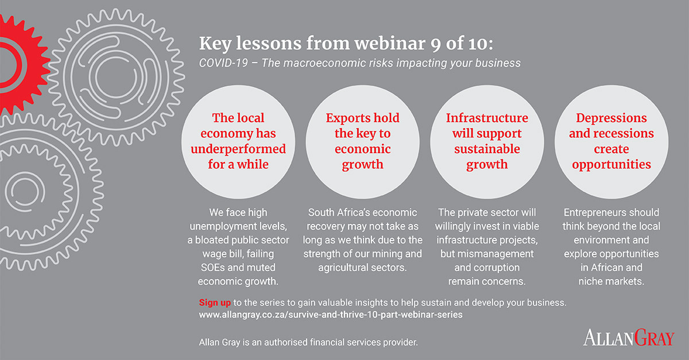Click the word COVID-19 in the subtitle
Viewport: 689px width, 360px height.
pos(223,63)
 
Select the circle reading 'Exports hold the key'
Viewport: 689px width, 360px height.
pos(362,142)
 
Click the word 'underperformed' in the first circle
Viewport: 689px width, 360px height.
pos(238,149)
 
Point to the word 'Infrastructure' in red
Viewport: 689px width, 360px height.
pos(487,118)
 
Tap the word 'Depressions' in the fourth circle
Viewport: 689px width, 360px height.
pos(611,118)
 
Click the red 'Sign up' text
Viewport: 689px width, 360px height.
pos(215,303)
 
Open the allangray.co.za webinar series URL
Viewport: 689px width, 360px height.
pos(331,315)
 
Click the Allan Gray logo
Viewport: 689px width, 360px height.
pos(629,338)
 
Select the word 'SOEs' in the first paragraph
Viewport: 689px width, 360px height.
pos(212,268)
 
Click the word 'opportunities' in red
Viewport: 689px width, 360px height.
pos(611,165)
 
